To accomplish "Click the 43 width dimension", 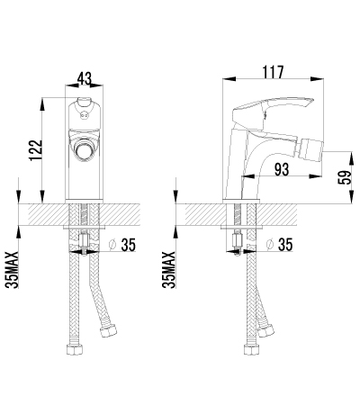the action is [85, 78].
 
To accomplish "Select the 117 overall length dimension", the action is [273, 72].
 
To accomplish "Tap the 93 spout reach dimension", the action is [282, 169].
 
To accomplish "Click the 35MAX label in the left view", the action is [12, 270].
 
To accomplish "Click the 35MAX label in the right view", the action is [168, 270].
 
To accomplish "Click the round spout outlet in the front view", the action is [84, 151].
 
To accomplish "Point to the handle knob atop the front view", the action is [84, 102].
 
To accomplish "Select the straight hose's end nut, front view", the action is [75, 349].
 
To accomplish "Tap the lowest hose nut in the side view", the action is [252, 349].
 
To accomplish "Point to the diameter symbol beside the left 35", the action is [112, 245].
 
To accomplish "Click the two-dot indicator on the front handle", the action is [84, 113].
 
